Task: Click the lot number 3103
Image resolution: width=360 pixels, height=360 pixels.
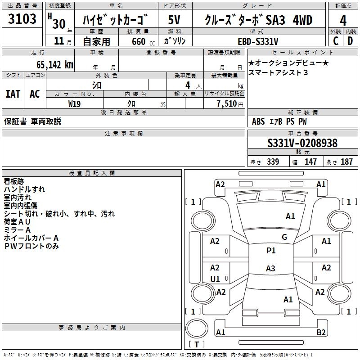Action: (x=22, y=20)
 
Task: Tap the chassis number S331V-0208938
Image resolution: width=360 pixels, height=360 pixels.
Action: (x=302, y=144)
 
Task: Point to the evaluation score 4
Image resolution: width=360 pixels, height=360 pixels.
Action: (x=343, y=20)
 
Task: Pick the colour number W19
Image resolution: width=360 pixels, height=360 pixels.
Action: (x=74, y=103)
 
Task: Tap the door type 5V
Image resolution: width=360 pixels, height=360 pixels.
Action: (x=175, y=20)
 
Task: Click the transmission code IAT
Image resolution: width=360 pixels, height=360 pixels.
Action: (x=13, y=94)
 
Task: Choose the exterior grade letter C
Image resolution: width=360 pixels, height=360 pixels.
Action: (x=335, y=41)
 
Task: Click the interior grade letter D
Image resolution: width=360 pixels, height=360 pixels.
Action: (x=350, y=41)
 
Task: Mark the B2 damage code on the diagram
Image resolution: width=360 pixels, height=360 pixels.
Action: (x=321, y=333)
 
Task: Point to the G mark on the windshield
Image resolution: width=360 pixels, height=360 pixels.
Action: (x=284, y=237)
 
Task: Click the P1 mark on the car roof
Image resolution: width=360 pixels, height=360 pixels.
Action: (x=271, y=251)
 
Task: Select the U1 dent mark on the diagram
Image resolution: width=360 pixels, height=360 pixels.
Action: (x=215, y=279)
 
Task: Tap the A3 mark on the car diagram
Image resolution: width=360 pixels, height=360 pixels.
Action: (x=270, y=269)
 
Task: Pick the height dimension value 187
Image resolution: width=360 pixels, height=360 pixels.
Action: (x=347, y=162)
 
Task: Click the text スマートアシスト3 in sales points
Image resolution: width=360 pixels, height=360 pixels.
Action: (x=279, y=72)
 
